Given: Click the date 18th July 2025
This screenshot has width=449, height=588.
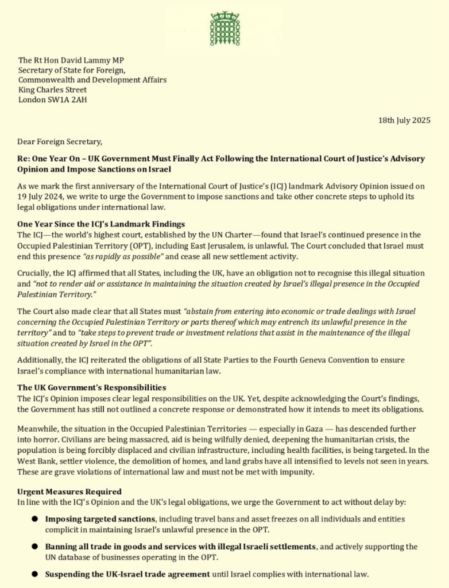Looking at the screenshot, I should coord(404,120).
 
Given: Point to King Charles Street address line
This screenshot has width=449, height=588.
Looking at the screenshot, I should coord(52,90).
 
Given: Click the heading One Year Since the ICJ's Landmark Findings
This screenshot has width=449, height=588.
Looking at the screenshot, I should coord(101,224).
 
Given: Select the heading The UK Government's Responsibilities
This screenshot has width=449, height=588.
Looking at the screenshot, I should coord(91,387).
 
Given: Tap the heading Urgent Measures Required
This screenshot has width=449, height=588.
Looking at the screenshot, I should coord(69,491).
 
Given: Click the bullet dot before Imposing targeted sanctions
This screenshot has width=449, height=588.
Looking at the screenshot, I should coord(34,519).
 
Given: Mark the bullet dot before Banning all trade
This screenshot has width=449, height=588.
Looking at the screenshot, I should coord(34,547).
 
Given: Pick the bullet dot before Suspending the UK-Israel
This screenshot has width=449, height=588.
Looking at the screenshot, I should coord(34,574).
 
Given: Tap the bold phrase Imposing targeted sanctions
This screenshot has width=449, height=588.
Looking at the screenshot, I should coord(100,519).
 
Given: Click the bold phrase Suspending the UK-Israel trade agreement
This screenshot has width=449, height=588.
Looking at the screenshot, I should coord(127,574).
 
